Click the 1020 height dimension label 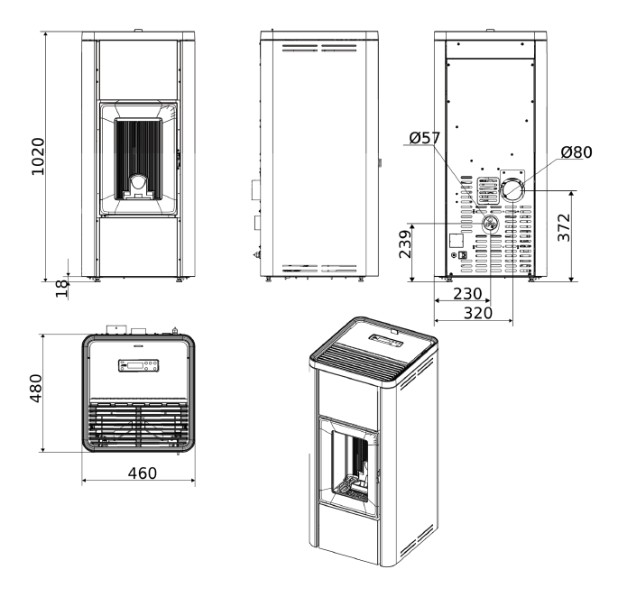[38, 156]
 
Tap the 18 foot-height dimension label [62, 289]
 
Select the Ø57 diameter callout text [425, 138]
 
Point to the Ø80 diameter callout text [576, 152]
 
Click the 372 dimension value [564, 227]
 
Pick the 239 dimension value [405, 244]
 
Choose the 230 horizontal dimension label [467, 294]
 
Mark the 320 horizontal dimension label [478, 313]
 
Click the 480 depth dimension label [36, 388]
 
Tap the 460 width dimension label [143, 473]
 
